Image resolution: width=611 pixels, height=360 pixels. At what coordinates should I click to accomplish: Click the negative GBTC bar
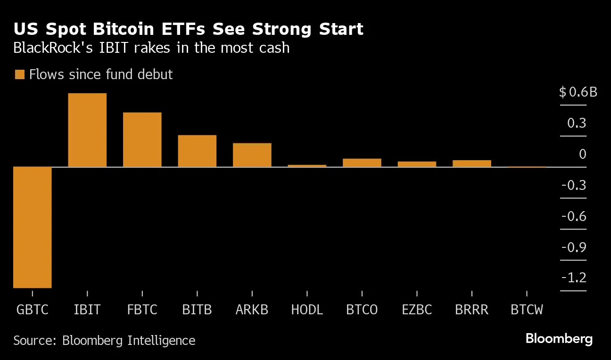(32, 227)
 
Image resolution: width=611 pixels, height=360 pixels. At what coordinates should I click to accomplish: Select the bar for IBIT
(87, 130)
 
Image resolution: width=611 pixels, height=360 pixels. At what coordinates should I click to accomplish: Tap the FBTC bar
(142, 139)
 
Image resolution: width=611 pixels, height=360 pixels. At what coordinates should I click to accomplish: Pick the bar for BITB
(197, 151)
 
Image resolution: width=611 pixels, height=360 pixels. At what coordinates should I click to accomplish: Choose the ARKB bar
(252, 155)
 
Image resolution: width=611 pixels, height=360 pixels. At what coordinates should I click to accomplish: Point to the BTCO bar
(362, 163)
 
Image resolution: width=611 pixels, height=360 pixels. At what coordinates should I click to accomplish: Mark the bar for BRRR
(471, 164)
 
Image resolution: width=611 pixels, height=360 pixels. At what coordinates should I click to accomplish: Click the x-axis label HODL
(307, 310)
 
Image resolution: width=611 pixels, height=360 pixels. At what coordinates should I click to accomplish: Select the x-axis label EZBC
(417, 310)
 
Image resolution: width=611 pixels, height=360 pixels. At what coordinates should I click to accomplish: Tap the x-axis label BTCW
(527, 310)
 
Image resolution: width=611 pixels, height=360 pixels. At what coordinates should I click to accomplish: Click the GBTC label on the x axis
(32, 310)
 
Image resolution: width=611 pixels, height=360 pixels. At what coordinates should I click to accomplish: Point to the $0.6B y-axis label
(578, 92)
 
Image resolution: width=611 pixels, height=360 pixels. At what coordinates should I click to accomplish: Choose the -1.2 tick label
(574, 278)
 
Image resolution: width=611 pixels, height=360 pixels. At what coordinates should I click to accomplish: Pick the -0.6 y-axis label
(574, 216)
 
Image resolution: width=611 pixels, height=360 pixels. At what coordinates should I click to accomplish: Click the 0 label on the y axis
(583, 154)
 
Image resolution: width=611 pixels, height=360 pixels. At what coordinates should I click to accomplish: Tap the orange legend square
(19, 74)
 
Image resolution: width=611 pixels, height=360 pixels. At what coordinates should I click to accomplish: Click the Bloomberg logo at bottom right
(559, 339)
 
